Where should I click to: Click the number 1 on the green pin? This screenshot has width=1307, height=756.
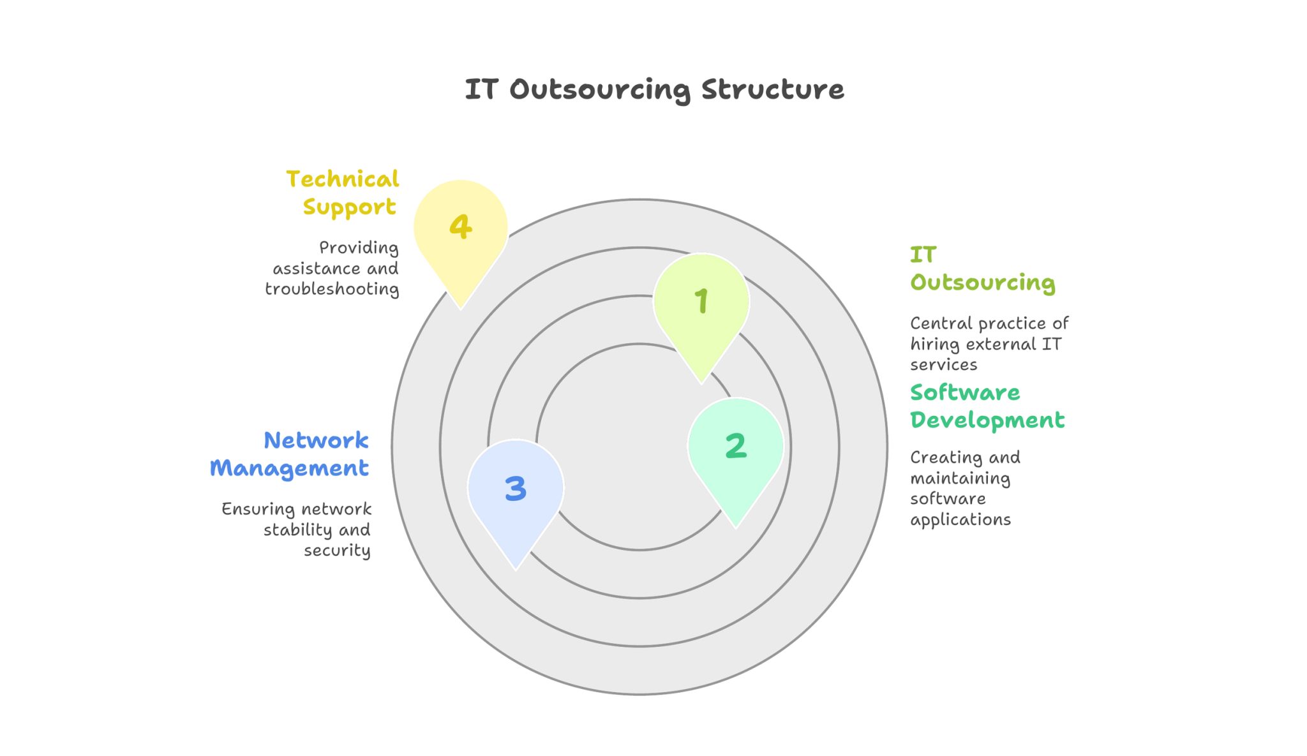point(701,300)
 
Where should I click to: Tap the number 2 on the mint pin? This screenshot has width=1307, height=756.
point(736,445)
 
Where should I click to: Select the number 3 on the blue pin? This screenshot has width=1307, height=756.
point(516,489)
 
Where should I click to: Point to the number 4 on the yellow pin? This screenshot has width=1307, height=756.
point(460,226)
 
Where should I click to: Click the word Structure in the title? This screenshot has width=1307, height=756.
point(773,89)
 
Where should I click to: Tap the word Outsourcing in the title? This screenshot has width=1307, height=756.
point(600,90)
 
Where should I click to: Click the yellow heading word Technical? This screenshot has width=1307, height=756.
point(343,179)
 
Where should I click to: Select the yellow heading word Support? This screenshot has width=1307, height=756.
point(349,207)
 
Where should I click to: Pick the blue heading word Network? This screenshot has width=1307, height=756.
point(316,440)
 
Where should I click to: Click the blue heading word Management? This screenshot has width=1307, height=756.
point(289,468)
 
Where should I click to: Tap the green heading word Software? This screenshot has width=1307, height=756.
point(965,392)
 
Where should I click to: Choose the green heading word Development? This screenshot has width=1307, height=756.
point(987,420)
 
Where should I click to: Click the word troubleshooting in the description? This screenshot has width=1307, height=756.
point(332,289)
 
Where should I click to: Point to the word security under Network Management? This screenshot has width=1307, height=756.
point(337,551)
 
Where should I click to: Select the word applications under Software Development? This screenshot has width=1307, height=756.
point(960,520)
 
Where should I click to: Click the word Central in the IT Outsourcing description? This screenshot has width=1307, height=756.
point(940,323)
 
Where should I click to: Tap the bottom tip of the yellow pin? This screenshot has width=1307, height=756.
point(461,309)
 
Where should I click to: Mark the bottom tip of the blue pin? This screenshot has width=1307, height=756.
point(516,568)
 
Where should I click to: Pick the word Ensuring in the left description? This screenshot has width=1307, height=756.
point(257,509)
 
